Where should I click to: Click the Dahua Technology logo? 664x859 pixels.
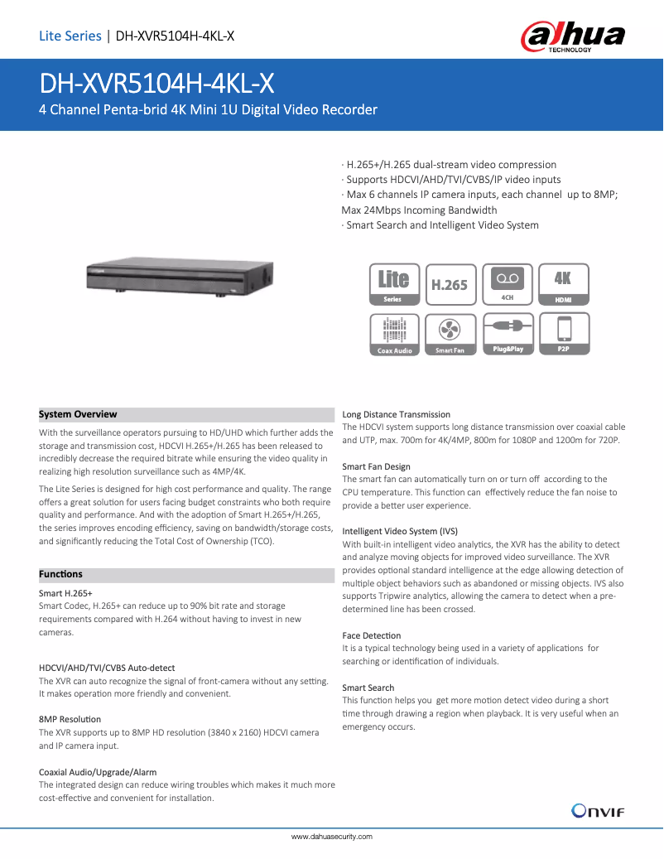pos(572,36)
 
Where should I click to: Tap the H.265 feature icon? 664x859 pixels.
pos(450,285)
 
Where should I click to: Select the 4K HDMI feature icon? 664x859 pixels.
pos(563,285)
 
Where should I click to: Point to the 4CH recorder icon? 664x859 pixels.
pos(507,285)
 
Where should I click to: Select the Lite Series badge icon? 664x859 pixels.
pos(394,285)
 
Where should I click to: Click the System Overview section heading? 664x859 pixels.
pos(79,414)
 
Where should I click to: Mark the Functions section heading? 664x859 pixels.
pos(61,574)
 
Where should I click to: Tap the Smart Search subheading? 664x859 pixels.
pos(368,688)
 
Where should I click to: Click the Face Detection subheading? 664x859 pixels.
pos(372,635)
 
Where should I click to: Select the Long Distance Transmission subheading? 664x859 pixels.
pos(397,414)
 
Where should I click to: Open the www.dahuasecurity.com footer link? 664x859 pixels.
pos(332,837)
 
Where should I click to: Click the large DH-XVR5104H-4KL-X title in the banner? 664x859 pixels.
pos(157,84)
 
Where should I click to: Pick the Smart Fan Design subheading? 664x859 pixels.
pos(376,466)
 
